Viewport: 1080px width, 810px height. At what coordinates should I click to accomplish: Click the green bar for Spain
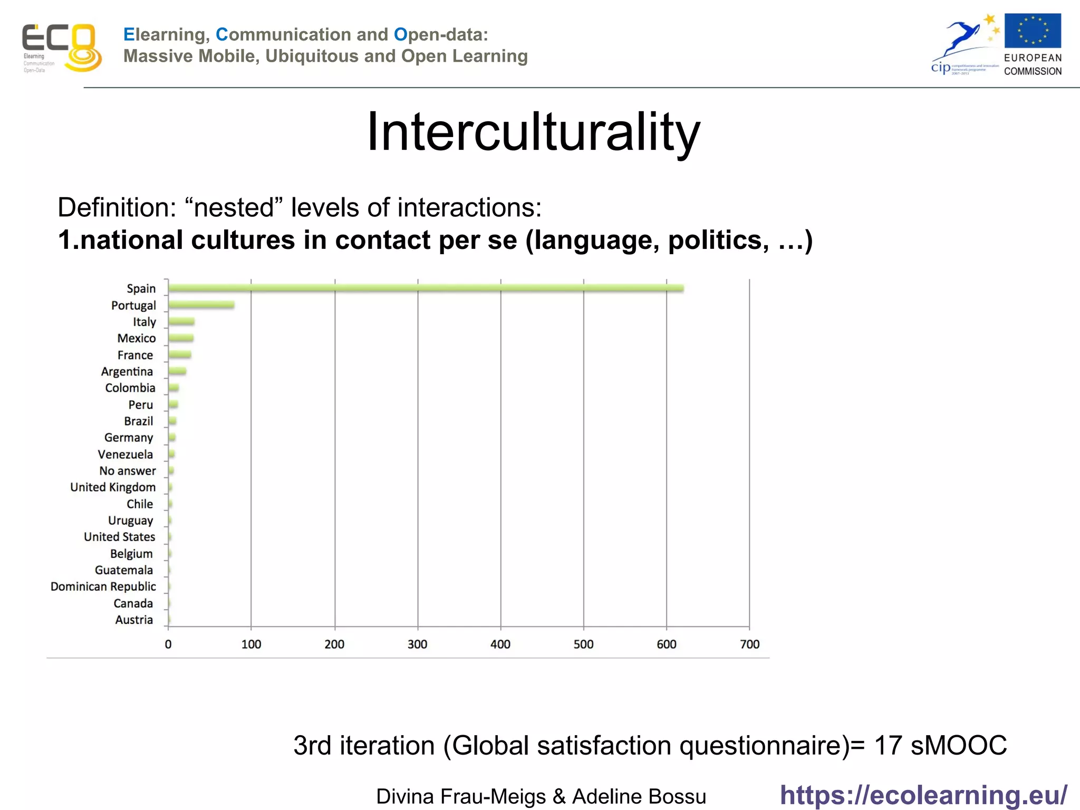[x=426, y=288]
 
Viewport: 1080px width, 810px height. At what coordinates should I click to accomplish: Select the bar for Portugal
[x=201, y=305]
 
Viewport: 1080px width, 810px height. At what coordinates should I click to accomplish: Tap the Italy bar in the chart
[x=181, y=322]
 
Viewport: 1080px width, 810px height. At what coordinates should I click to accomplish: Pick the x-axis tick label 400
[x=500, y=644]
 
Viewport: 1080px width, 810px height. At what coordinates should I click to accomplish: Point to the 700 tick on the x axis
[x=749, y=644]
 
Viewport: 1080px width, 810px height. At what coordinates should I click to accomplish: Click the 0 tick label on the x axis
[x=168, y=644]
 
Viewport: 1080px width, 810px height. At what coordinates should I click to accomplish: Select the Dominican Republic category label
[x=103, y=586]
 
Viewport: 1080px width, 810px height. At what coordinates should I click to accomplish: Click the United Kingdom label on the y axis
[x=113, y=487]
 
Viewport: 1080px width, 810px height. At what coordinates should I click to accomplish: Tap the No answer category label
[x=128, y=470]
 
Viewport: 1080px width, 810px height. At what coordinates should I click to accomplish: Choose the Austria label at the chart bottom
[x=134, y=620]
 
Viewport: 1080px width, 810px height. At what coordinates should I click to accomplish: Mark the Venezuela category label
[x=126, y=454]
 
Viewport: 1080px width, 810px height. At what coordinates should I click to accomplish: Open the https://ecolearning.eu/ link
[x=923, y=795]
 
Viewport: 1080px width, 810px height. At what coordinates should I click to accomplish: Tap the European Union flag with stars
[x=1033, y=31]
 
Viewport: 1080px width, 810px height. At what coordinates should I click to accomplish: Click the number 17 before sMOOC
[x=888, y=745]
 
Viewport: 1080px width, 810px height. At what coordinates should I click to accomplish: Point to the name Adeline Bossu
[x=639, y=796]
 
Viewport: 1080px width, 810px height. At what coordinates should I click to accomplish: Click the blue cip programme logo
[x=964, y=47]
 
